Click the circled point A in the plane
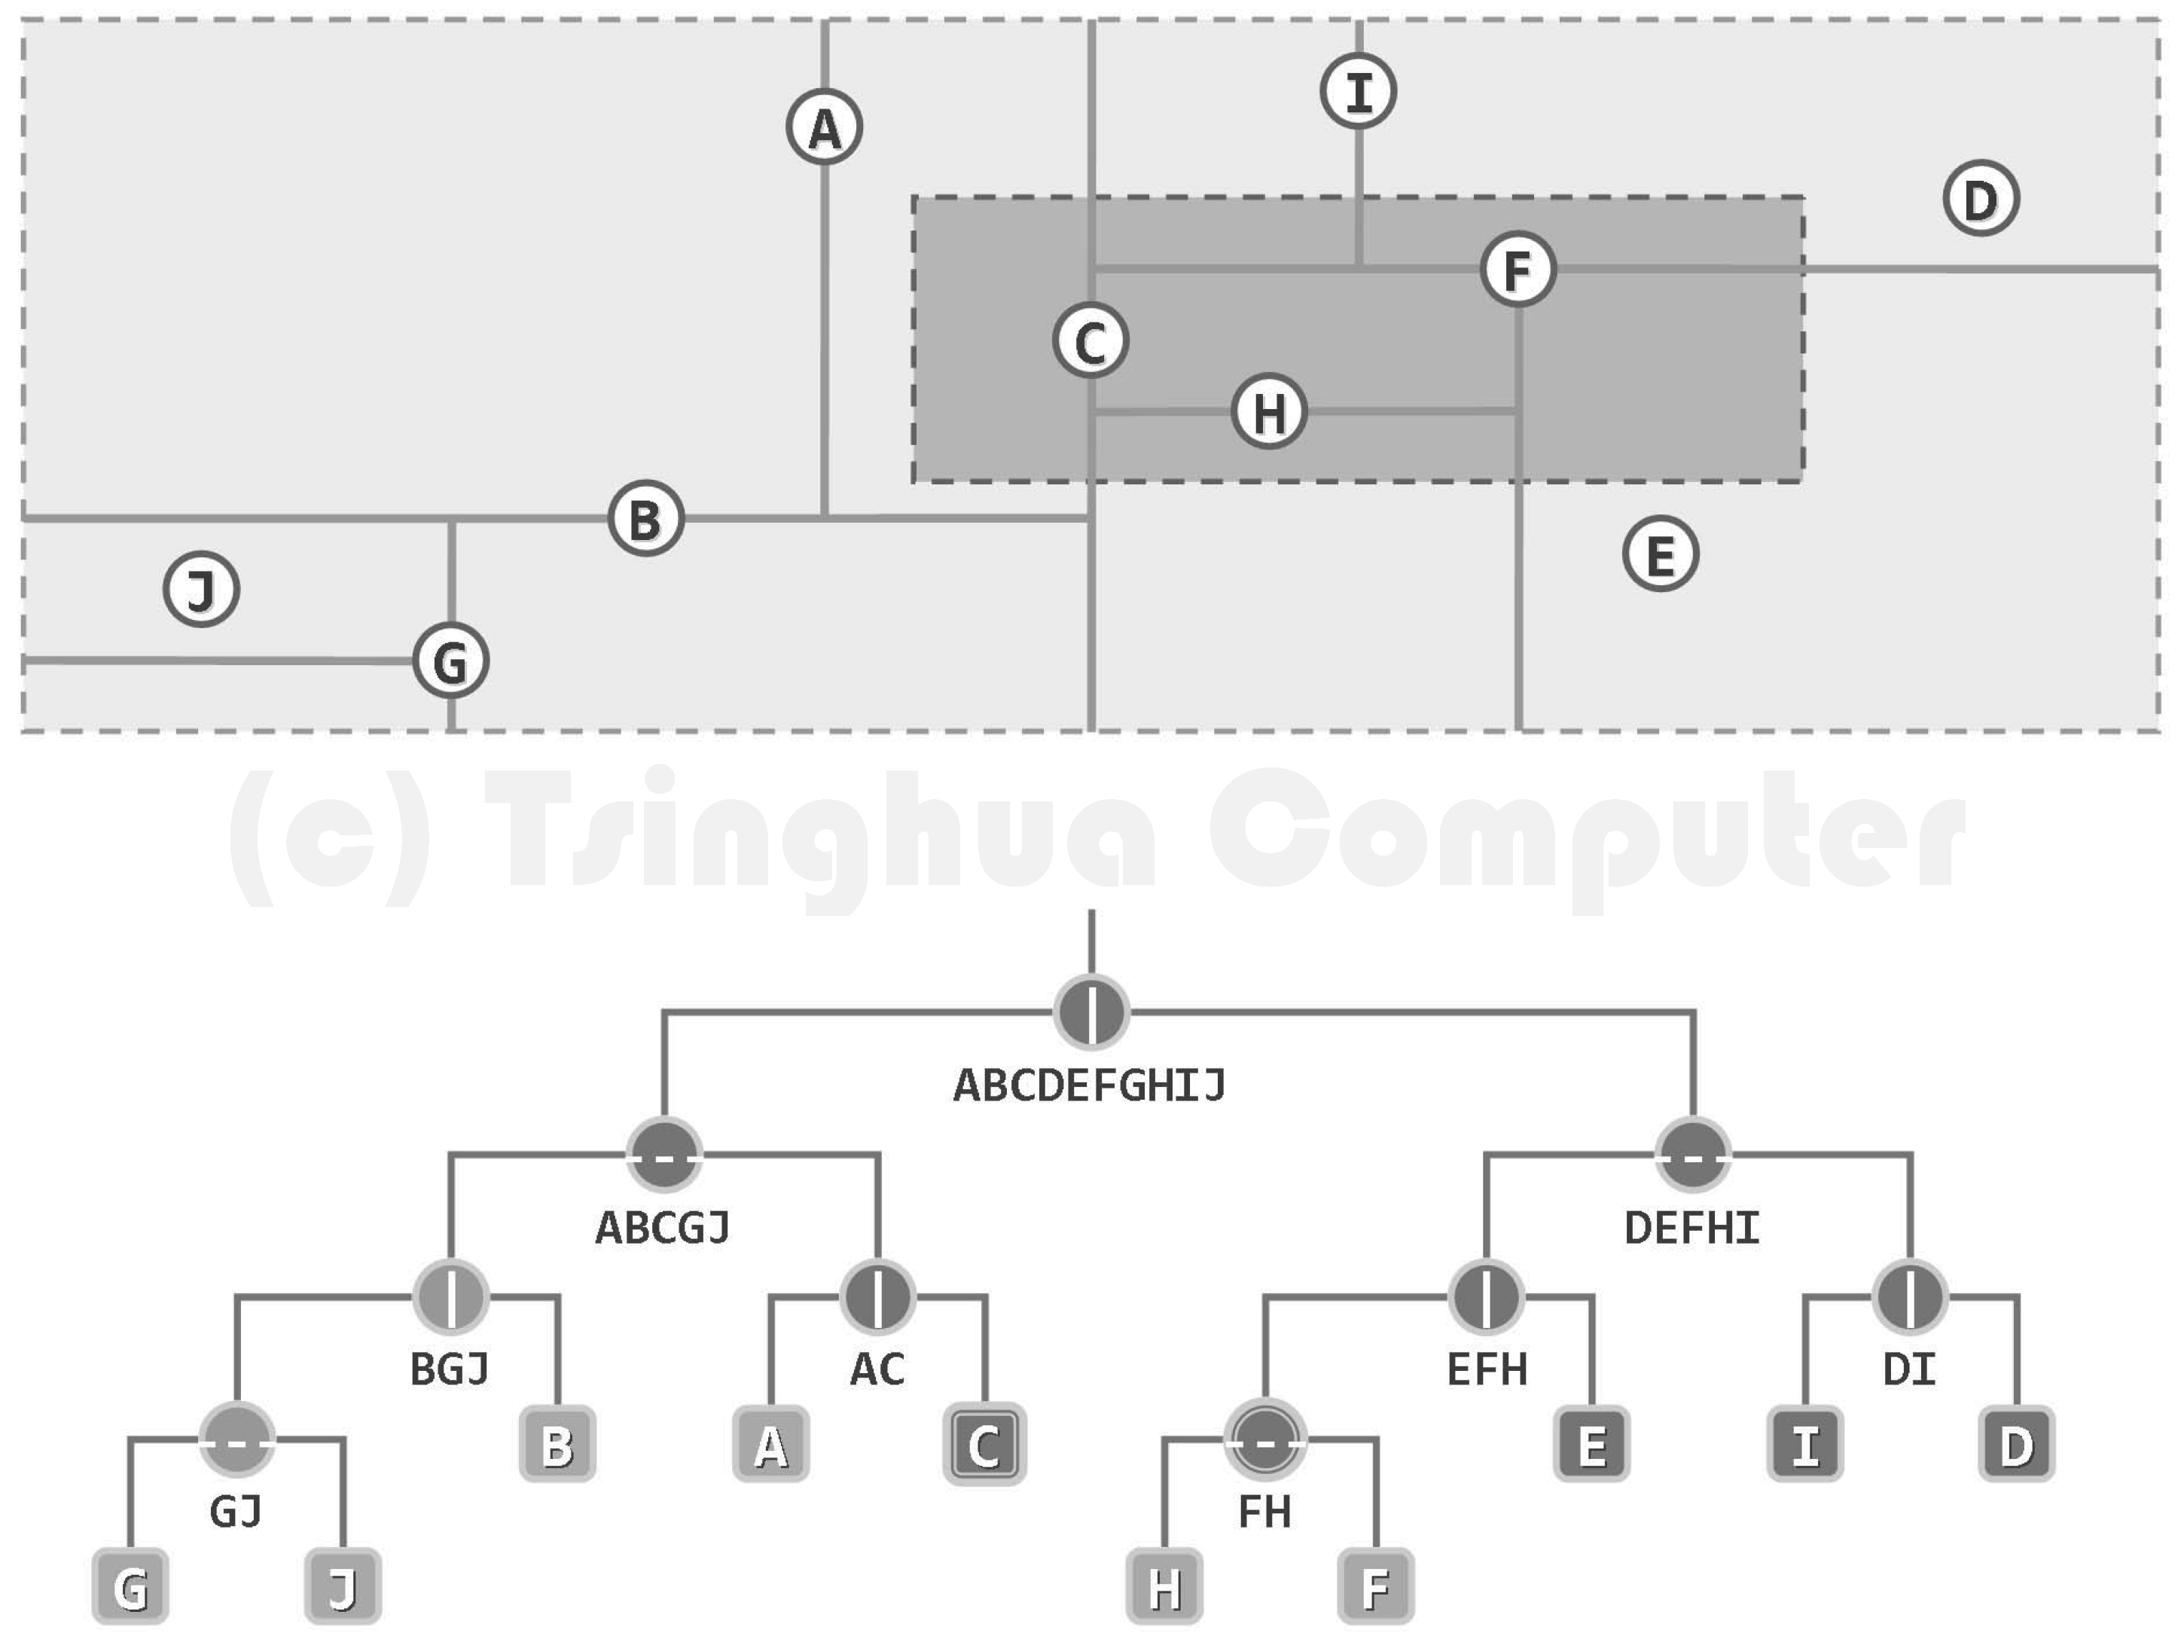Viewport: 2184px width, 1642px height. tap(825, 127)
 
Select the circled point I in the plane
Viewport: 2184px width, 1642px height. tap(1359, 92)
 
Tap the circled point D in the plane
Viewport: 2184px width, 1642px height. tap(1981, 198)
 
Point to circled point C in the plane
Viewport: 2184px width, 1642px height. tap(1090, 340)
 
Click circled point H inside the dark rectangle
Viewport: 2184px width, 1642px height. tap(1270, 410)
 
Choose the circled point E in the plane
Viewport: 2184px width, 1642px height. tap(1661, 554)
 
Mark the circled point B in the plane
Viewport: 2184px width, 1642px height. tap(645, 518)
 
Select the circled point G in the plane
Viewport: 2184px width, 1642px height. tap(450, 661)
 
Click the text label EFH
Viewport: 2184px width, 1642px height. tap(1487, 1369)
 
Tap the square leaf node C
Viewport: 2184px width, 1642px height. tap(984, 1445)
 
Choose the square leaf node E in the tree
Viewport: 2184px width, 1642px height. tap(1591, 1445)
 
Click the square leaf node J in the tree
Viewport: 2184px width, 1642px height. tap(343, 1587)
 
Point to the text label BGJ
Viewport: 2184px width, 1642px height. tap(450, 1369)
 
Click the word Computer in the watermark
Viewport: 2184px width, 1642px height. tap(1587, 839)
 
